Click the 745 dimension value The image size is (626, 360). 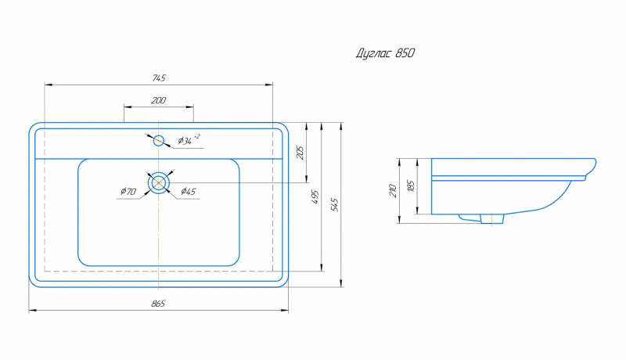coord(159,77)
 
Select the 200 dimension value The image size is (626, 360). coord(159,100)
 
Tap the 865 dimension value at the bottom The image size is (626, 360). coord(159,304)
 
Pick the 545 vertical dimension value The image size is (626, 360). coord(336,205)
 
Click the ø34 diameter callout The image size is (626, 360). coord(189,140)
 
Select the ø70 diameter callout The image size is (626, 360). coord(128,191)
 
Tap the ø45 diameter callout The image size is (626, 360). coord(188,191)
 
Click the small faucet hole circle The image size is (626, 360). coord(159,140)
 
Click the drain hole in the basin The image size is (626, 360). coord(159,182)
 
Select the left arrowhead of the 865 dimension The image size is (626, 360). coord(32,311)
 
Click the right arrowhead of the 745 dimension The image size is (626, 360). coord(270,84)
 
